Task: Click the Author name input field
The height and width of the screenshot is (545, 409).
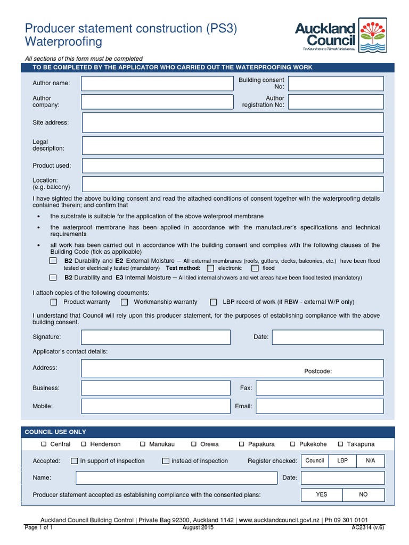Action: tap(157, 84)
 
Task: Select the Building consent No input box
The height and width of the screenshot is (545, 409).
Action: tap(336, 84)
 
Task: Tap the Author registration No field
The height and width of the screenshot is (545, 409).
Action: tap(336, 102)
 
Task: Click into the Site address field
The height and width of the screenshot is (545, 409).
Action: tap(232, 122)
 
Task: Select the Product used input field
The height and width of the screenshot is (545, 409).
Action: tap(232, 166)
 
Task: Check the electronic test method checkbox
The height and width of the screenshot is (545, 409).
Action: tap(210, 268)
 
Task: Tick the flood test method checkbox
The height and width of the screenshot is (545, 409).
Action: tap(255, 268)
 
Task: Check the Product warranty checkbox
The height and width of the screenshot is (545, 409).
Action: tap(54, 302)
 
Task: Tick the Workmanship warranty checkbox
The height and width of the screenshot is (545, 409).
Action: tap(124, 302)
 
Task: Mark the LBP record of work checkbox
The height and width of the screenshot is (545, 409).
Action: tap(213, 302)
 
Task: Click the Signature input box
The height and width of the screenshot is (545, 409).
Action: tap(156, 337)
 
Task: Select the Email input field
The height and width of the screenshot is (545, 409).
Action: tap(320, 406)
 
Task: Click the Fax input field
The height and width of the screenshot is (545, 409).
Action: tap(320, 388)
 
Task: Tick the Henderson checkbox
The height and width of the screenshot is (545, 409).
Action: tap(84, 444)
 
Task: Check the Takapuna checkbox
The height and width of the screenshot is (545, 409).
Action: tap(340, 444)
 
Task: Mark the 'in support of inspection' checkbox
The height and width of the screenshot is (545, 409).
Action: tap(75, 461)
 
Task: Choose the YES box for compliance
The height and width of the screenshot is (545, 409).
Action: tap(322, 494)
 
